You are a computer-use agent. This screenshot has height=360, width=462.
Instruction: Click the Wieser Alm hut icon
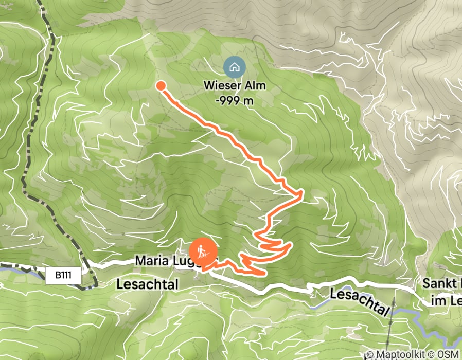pos(234,67)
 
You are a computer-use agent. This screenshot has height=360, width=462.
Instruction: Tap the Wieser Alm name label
pos(235,85)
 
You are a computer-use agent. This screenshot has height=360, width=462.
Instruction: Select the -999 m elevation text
pos(235,100)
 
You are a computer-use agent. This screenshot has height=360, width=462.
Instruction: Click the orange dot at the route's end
pos(161,86)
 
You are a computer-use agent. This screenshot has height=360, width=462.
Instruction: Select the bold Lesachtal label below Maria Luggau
pos(147,284)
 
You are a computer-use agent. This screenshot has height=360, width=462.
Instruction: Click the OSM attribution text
pos(448,354)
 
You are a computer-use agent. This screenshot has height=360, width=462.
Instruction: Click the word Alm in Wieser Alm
pos(255,85)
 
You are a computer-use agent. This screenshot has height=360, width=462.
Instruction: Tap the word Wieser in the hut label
pos(223,85)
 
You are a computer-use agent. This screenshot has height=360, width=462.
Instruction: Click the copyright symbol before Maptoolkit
pos(371,354)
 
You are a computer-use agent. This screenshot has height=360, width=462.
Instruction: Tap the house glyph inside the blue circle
pos(234,67)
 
